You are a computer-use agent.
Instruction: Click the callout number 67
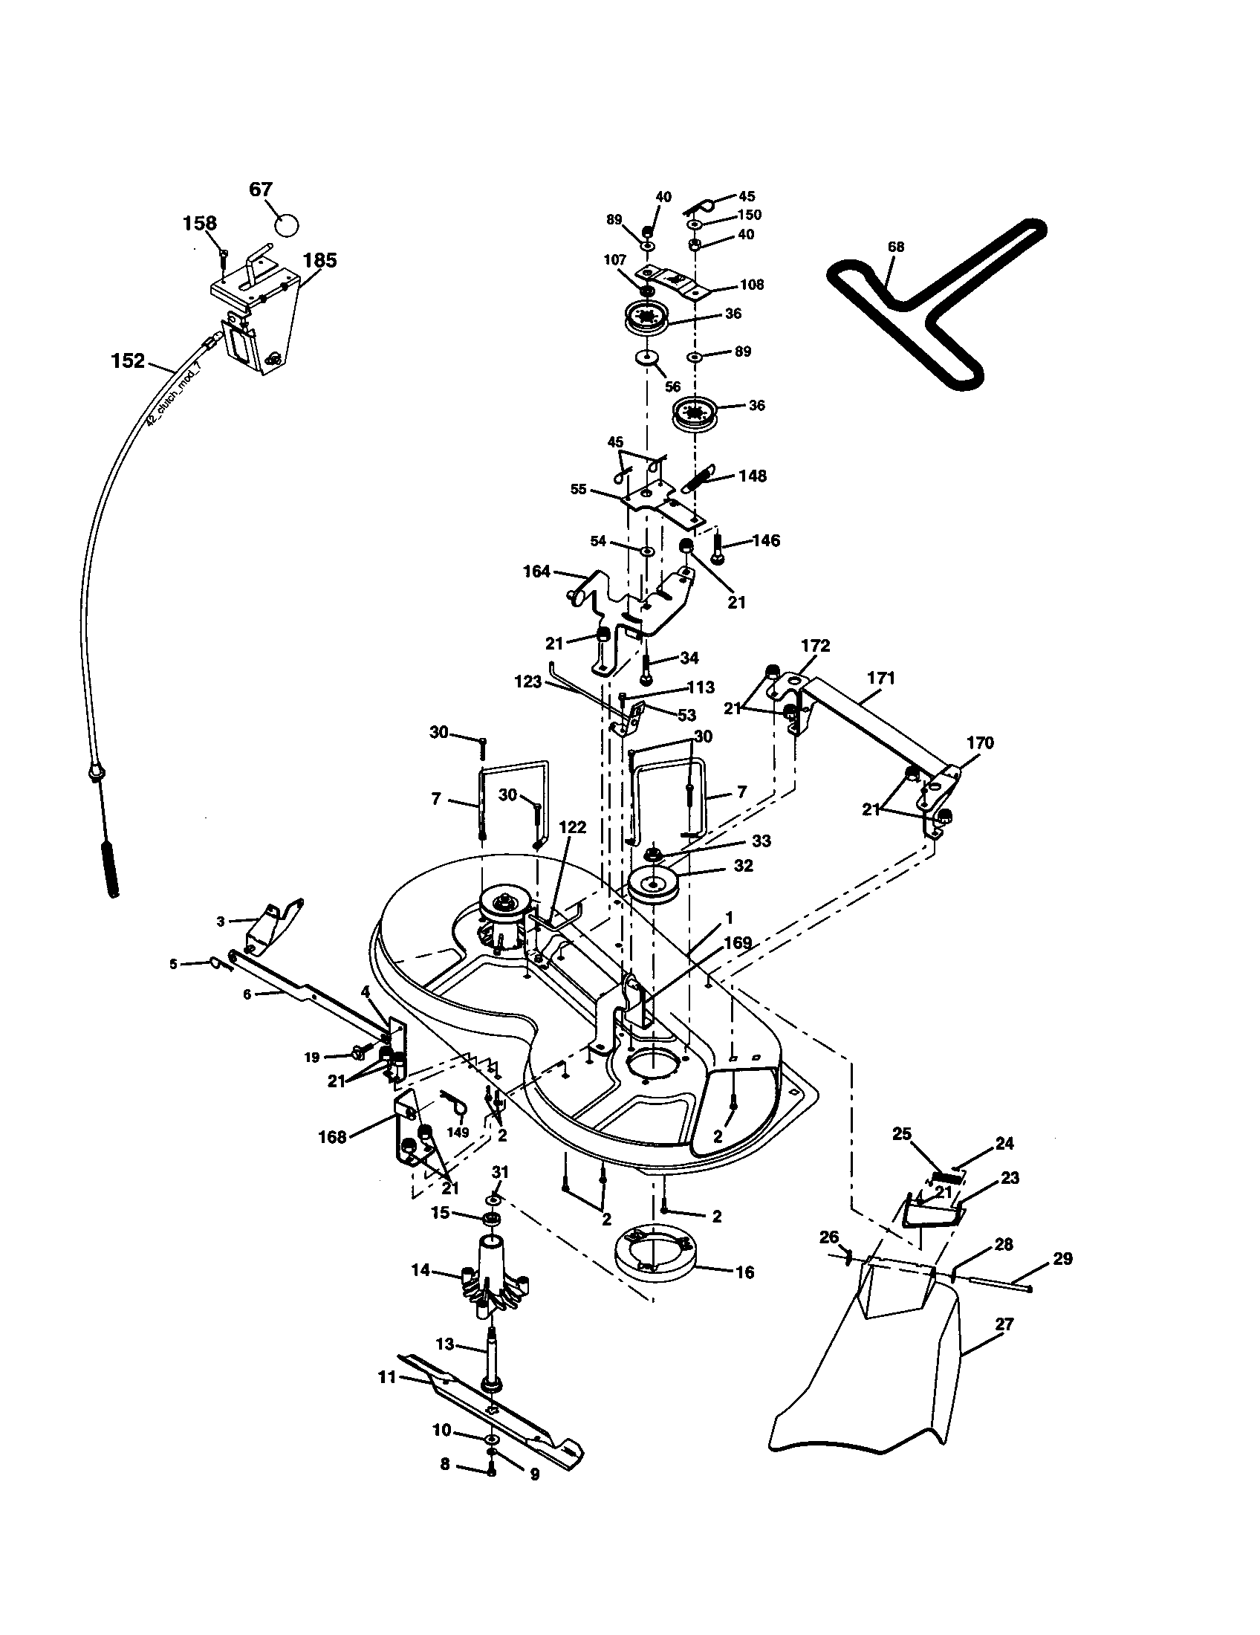click(260, 190)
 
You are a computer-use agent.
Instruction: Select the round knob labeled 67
click(286, 223)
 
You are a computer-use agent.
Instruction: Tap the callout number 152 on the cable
click(127, 361)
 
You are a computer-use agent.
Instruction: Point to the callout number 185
click(319, 260)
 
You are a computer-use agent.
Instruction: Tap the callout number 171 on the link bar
click(880, 679)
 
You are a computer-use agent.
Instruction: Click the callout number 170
click(979, 742)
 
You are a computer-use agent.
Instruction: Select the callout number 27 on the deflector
click(1004, 1324)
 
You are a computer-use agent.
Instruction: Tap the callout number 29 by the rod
click(1062, 1259)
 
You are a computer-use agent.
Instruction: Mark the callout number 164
click(536, 572)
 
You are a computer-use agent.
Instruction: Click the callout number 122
click(572, 828)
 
